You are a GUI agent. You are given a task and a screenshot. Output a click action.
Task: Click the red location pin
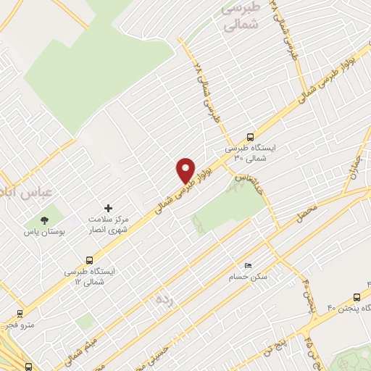pos(185,170)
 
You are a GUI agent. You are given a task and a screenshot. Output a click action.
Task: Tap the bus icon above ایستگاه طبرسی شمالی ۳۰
pos(251,136)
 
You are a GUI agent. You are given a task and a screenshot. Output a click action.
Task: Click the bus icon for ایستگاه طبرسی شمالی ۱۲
pos(90,259)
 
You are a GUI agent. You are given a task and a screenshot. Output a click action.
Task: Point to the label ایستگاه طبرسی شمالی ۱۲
pos(89,276)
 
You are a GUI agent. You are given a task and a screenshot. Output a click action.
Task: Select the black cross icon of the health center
pos(109,208)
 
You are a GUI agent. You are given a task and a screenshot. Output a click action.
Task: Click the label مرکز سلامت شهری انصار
pos(109,224)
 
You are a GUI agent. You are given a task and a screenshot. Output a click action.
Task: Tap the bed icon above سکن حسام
pos(249,265)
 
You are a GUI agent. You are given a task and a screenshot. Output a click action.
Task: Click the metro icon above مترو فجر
pos(19,314)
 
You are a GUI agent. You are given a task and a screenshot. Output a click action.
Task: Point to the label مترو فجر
pos(22,327)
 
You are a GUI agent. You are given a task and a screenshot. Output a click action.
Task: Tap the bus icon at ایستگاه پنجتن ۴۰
pos(356,297)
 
